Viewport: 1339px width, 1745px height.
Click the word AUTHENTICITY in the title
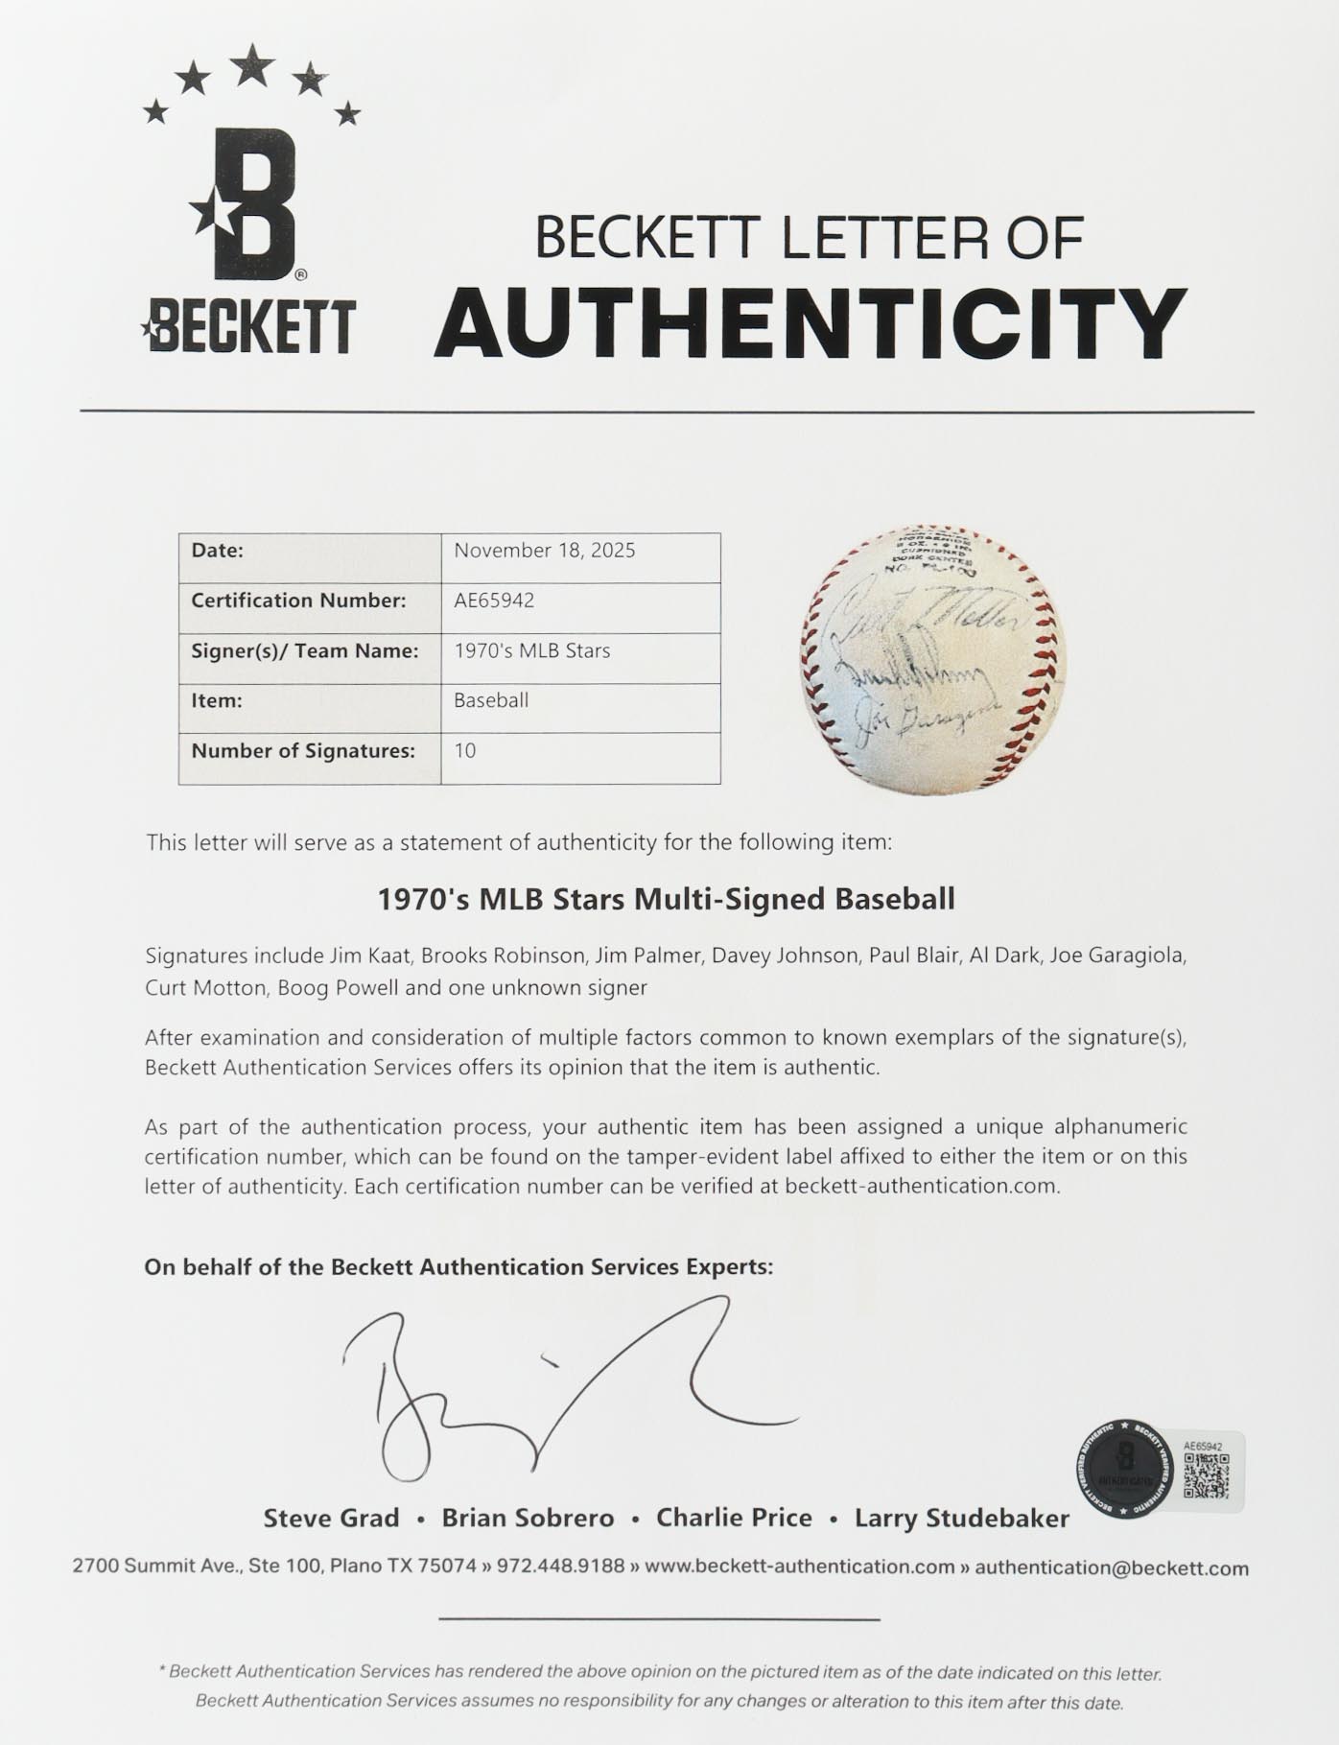810,323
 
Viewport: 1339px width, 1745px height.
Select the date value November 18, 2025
544,551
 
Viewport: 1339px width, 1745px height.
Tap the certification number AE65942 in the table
494,601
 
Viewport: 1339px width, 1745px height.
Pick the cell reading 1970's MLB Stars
531,650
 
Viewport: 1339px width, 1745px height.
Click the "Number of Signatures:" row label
303,751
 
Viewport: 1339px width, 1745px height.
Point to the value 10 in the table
465,751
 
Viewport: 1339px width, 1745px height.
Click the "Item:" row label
216,700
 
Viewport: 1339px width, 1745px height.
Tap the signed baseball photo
932,659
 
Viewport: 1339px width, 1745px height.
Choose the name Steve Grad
331,1519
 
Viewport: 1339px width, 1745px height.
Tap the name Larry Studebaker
961,1519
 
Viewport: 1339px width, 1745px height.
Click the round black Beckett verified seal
1125,1469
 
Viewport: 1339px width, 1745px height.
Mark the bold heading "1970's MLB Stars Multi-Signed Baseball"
666,900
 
